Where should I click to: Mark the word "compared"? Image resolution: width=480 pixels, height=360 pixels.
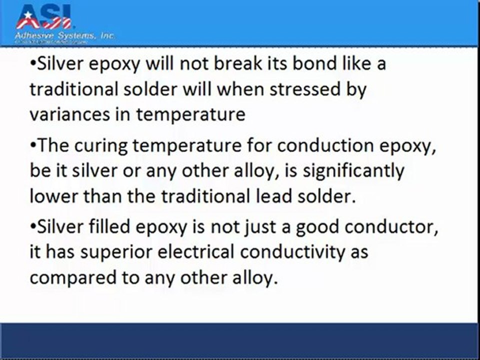[73, 276]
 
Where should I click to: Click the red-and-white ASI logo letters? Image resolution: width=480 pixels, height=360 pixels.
[43, 17]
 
